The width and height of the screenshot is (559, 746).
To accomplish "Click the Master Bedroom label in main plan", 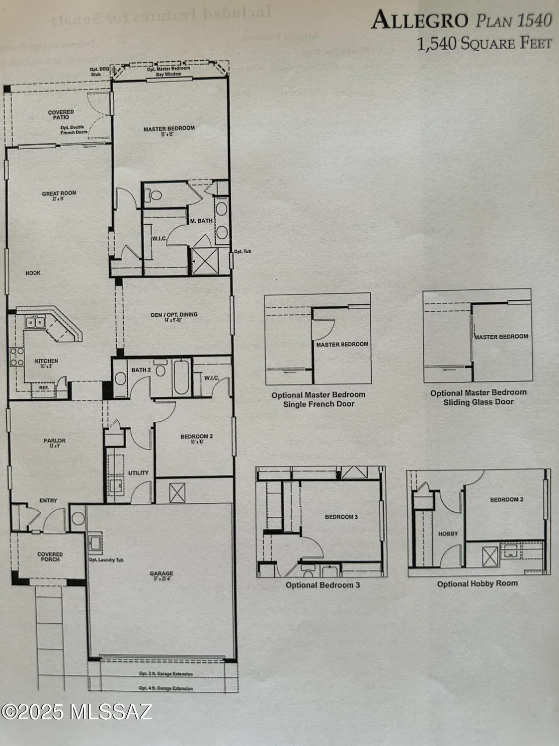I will tap(169, 129).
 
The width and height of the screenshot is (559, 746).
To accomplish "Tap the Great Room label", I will tap(59, 194).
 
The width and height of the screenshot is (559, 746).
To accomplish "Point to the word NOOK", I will tap(33, 273).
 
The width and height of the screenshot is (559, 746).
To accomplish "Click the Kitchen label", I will tap(46, 361).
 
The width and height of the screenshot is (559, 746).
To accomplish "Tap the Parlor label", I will tap(55, 441).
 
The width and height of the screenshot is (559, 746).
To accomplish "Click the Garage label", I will tap(161, 573).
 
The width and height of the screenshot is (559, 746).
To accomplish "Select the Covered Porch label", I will tap(50, 557).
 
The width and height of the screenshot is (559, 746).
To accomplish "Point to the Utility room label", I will tap(139, 472).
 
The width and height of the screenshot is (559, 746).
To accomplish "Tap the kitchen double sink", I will tap(35, 322).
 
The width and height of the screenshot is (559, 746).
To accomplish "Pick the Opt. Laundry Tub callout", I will tap(106, 560).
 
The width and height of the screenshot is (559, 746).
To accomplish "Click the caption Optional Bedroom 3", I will tap(322, 585).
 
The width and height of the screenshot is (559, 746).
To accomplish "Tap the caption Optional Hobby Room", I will tap(477, 583).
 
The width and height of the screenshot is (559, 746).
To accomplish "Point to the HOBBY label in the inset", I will tap(448, 534).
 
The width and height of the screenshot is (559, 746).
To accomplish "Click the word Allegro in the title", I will tap(419, 21).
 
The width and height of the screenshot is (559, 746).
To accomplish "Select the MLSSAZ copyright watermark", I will tap(76, 712).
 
